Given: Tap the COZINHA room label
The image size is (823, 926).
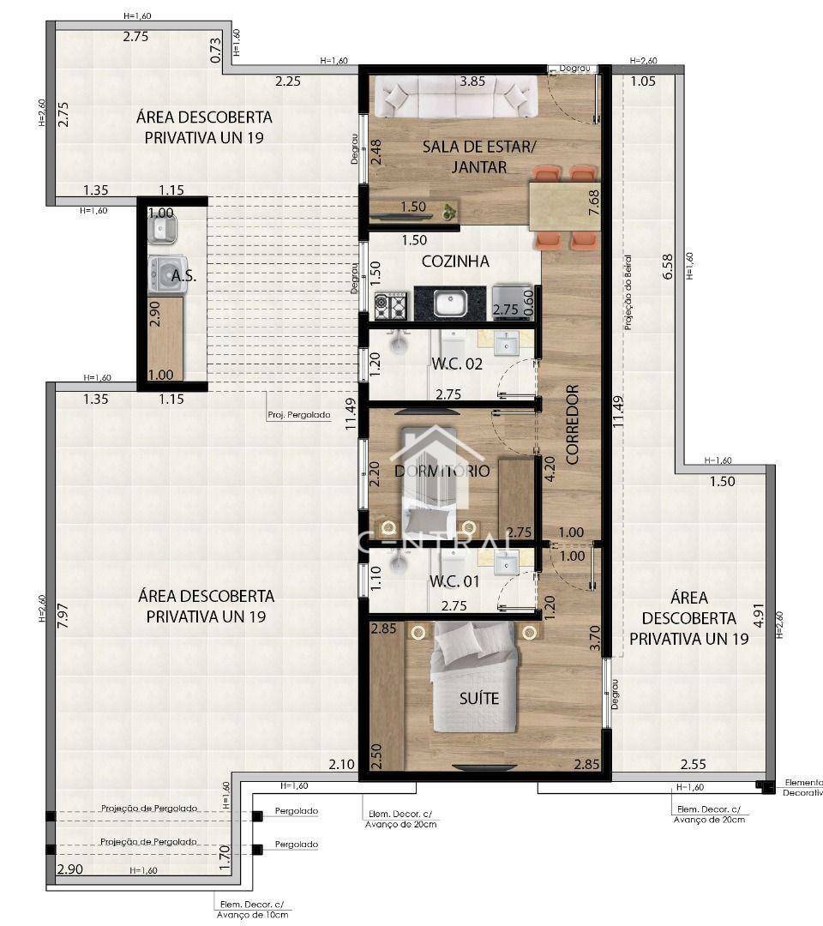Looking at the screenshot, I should tap(455, 262).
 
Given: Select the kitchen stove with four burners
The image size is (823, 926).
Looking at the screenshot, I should tap(392, 304).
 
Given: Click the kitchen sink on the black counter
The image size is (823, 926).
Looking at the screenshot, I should tap(449, 303).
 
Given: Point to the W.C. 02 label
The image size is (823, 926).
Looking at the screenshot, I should tap(456, 364).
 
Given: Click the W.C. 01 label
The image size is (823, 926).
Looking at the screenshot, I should tap(454, 582).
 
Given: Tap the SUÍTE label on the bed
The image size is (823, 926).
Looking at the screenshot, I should tap(478, 699).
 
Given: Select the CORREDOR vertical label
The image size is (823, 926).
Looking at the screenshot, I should tap(573, 424).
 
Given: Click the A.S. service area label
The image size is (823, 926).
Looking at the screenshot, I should tap(183, 276).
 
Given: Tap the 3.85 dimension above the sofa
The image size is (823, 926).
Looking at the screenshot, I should tap(473, 82).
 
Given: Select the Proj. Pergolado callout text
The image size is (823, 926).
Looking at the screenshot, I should tap(298, 415).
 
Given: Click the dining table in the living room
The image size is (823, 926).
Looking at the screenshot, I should tap(564, 206).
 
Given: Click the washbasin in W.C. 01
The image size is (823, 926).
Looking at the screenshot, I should tap(508, 562).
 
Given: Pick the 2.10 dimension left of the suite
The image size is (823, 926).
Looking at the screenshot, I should tap(341, 764).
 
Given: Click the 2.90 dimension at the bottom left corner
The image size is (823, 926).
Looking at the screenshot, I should tap(70, 869).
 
